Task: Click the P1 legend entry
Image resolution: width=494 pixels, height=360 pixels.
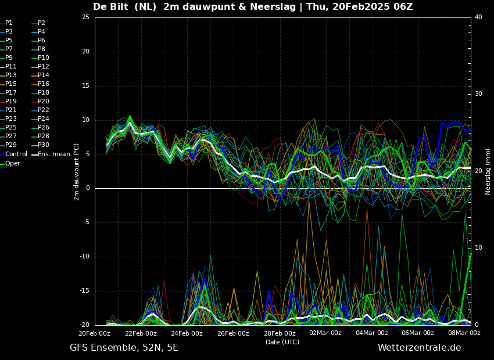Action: click(x=6, y=23)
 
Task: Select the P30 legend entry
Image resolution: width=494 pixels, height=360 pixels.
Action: click(x=40, y=145)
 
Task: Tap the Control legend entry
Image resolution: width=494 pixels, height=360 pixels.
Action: click(x=13, y=154)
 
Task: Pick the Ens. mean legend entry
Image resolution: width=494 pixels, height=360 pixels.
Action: click(x=51, y=154)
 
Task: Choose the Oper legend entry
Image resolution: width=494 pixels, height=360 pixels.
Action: click(x=10, y=163)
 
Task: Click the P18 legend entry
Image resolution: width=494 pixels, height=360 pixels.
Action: click(x=40, y=92)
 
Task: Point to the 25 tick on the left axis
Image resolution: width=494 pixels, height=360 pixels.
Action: click(x=85, y=17)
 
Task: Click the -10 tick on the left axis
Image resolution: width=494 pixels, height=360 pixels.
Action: click(x=84, y=257)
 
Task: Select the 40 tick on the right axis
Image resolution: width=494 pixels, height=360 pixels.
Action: click(x=478, y=17)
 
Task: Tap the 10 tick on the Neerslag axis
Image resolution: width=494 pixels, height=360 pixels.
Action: click(x=478, y=248)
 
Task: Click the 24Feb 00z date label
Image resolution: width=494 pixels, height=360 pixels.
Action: click(x=188, y=333)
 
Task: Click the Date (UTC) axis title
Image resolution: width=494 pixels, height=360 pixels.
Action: click(x=282, y=342)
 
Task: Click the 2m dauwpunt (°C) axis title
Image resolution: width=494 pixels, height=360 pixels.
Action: click(x=77, y=172)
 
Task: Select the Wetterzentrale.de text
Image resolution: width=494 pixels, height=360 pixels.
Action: click(x=420, y=348)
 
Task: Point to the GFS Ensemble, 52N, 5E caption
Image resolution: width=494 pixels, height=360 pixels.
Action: click(x=124, y=348)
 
